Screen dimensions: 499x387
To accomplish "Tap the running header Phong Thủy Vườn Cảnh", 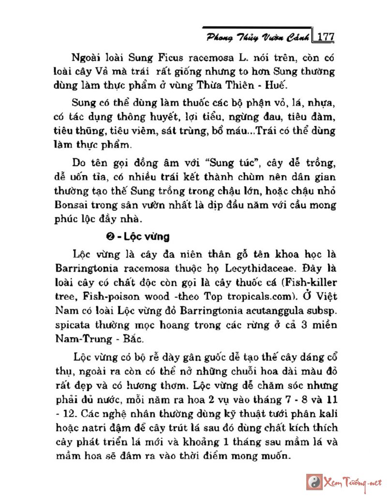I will (x=258, y=37).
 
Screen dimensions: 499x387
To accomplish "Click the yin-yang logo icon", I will (x=314, y=482).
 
